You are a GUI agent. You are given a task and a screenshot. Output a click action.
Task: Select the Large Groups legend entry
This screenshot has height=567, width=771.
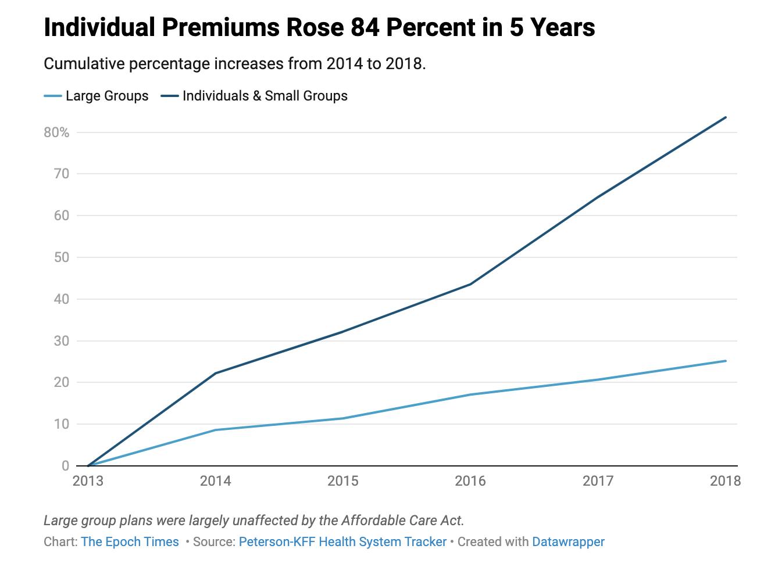click(96, 96)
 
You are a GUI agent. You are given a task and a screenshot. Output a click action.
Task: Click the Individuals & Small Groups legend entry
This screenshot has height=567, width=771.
click(254, 96)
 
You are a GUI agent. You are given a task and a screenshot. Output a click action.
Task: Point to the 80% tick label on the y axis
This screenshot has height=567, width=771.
click(56, 132)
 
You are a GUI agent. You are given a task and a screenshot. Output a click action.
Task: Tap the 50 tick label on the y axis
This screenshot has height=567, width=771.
click(62, 257)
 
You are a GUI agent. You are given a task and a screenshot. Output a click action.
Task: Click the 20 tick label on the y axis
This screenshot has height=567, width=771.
click(62, 382)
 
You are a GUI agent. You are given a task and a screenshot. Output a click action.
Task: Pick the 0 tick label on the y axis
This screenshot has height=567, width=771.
click(65, 466)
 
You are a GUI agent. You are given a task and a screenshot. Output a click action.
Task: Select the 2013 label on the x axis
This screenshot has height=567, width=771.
click(88, 481)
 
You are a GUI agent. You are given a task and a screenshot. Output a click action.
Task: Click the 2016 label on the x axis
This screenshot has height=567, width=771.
click(470, 481)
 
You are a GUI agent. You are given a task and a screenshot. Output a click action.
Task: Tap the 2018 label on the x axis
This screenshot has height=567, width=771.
click(725, 481)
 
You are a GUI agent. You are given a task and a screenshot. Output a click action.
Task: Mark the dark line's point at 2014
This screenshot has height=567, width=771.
click(216, 373)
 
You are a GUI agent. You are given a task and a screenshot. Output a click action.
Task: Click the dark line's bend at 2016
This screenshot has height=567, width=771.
click(470, 284)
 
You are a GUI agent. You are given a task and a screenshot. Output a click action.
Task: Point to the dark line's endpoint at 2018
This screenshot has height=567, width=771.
click(726, 117)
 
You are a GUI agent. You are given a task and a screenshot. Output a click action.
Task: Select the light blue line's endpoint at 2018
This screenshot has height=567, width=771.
click(726, 361)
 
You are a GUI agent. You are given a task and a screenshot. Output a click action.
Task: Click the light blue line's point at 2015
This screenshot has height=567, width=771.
click(343, 418)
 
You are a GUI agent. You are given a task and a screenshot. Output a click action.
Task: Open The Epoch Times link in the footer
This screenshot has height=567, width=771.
click(130, 542)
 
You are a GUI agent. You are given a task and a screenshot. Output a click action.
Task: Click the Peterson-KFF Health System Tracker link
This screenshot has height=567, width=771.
click(342, 542)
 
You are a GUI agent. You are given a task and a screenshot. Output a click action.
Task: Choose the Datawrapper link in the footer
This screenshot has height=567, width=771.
click(568, 542)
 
